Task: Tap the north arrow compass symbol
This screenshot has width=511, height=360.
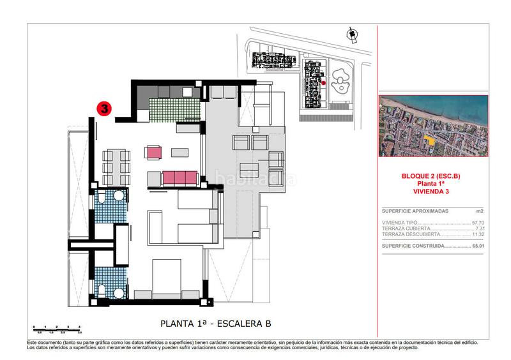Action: pyautogui.click(x=349, y=34)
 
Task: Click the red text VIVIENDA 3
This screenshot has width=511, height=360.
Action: pyautogui.click(x=433, y=190)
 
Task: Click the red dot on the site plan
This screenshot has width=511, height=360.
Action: pyautogui.click(x=324, y=82)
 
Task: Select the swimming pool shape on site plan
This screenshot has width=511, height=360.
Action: pyautogui.click(x=346, y=80)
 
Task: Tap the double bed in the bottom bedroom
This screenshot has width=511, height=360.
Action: pyautogui.click(x=167, y=278)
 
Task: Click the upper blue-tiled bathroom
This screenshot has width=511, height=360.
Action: pyautogui.click(x=111, y=206)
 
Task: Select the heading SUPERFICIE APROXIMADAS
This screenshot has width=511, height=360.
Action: pyautogui.click(x=415, y=211)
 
